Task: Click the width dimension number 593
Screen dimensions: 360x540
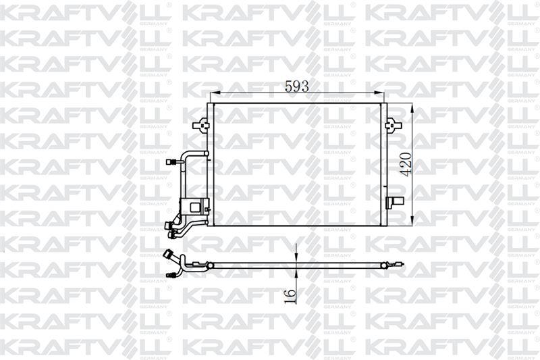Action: click(x=296, y=86)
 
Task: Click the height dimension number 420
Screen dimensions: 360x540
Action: click(x=405, y=163)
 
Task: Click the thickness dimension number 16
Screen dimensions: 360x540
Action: click(x=289, y=295)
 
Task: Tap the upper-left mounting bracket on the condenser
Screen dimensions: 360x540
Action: click(x=200, y=125)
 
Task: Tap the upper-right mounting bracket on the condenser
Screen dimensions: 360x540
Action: click(x=391, y=125)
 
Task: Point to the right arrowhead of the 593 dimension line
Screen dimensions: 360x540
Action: click(x=378, y=94)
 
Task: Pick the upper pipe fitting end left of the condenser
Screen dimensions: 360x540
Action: click(x=173, y=162)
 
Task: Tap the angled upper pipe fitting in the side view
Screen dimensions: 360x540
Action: click(x=168, y=255)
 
